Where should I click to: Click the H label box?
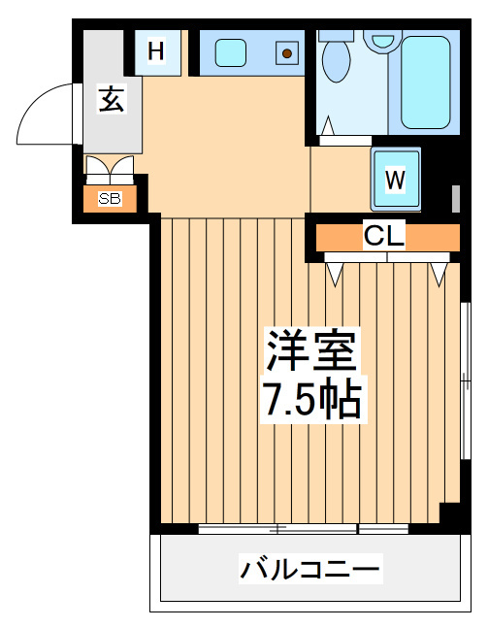[156, 52]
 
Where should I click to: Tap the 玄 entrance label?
[112, 99]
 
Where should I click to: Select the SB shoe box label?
[110, 199]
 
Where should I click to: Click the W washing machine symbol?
[395, 179]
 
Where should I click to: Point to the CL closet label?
[384, 236]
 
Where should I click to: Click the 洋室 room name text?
[311, 350]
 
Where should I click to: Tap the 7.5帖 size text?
[313, 399]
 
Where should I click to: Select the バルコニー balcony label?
[310, 569]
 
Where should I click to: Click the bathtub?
[426, 83]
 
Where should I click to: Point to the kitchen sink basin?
[230, 52]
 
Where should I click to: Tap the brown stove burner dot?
[286, 52]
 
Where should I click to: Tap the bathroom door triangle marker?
[329, 125]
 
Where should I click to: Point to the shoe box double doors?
[110, 170]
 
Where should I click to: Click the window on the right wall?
[465, 380]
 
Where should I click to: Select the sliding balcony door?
[304, 529]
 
